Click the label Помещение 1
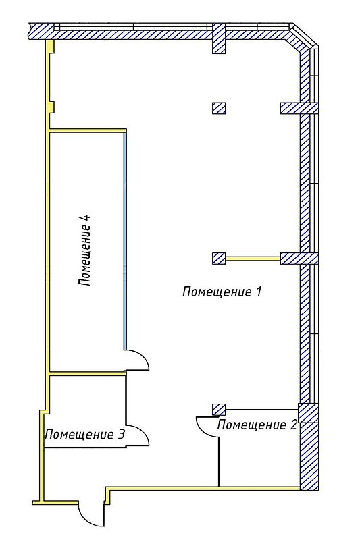tap(222, 292)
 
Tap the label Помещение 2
tap(257, 425)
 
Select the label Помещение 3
tap(84, 434)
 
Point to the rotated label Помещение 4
tap(84, 250)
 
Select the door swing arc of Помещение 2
tap(203, 428)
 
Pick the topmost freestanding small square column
tap(219, 108)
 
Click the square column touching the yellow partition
tap(219, 259)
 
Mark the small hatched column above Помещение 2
tap(219, 410)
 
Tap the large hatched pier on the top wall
tap(218, 38)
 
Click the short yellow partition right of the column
tap(253, 259)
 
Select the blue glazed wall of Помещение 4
tap(125, 241)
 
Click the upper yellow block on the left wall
tap(50, 46)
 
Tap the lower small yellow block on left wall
tap(50, 107)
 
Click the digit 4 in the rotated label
tap(85, 219)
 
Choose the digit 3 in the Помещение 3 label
tap(121, 434)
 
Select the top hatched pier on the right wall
tap(299, 108)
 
